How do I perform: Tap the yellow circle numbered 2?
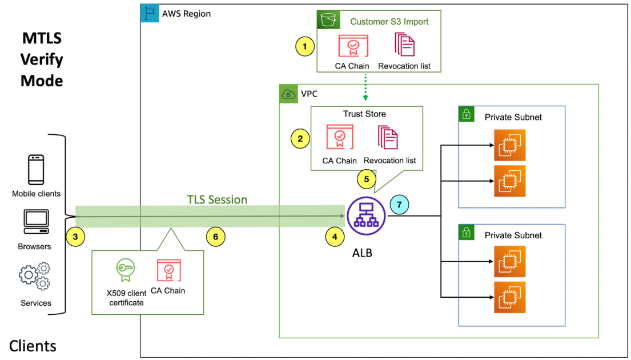(300, 138)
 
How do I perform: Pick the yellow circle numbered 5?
(367, 179)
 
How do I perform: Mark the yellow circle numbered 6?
(215, 236)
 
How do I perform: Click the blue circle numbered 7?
(400, 203)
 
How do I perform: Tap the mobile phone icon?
(36, 170)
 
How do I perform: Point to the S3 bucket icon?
(328, 20)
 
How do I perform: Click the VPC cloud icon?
(288, 94)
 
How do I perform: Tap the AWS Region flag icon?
(150, 14)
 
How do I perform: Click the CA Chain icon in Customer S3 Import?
(352, 45)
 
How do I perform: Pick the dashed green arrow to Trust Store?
(365, 89)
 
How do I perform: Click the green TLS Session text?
(217, 199)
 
